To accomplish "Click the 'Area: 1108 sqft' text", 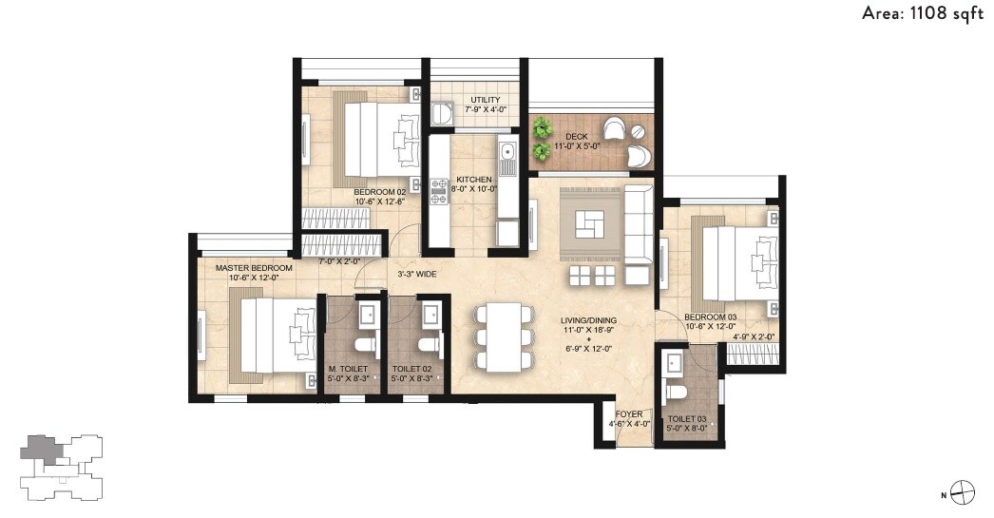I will click(921, 13).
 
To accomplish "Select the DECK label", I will click(576, 137).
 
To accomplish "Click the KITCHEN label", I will click(474, 180).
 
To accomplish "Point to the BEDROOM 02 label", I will click(354, 191).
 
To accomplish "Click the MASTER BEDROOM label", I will click(254, 268).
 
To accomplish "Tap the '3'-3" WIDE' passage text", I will click(416, 275).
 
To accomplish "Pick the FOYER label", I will click(629, 414).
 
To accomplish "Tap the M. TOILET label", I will click(347, 369).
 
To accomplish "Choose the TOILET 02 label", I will click(411, 369).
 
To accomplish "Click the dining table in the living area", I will click(498, 336).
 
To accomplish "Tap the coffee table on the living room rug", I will click(590, 224).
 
